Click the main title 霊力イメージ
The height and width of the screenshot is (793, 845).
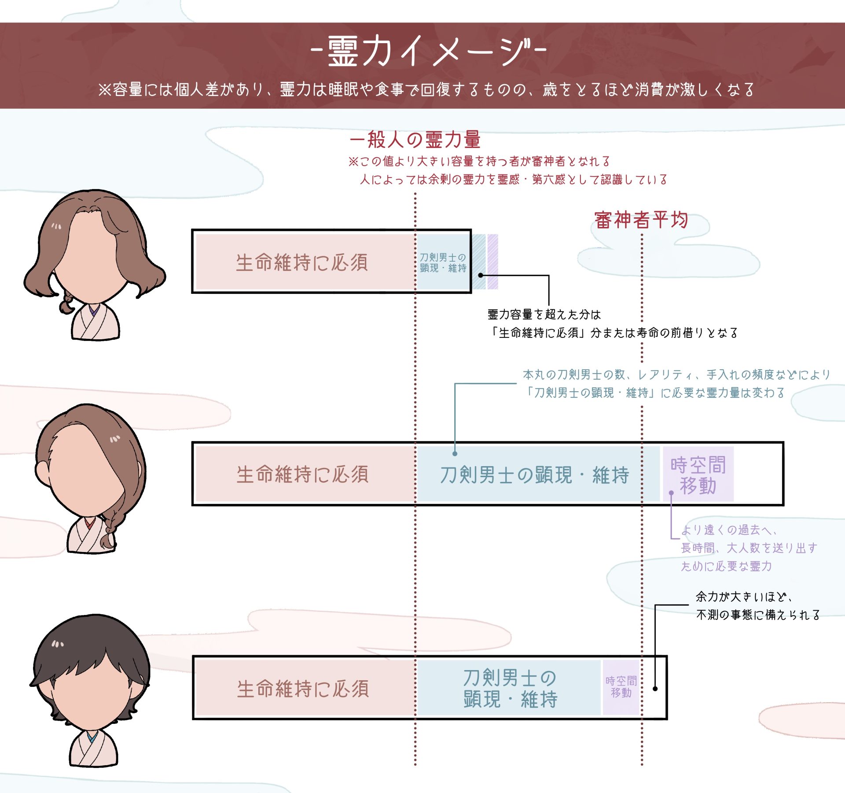(429, 51)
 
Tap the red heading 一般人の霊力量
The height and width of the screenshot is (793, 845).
(415, 140)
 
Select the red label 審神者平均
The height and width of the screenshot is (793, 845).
(641, 220)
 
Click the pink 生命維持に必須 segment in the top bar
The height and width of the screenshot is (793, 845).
(302, 262)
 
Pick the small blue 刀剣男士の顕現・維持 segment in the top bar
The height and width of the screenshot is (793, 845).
(443, 263)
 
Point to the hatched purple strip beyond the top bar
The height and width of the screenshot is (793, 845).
(492, 262)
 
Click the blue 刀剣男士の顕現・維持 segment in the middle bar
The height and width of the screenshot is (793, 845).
(534, 474)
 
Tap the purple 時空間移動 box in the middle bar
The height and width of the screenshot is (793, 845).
(698, 474)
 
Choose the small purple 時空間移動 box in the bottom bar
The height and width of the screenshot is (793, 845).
(621, 687)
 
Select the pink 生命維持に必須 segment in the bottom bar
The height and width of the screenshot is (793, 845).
(303, 689)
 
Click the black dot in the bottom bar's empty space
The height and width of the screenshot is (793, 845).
(655, 689)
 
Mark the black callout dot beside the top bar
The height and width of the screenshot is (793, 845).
(481, 275)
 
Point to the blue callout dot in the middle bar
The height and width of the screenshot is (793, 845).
(455, 453)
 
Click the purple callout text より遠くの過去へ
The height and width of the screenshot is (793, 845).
(728, 530)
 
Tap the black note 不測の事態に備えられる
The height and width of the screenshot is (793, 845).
(757, 615)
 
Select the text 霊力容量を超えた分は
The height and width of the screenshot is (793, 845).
(544, 315)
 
